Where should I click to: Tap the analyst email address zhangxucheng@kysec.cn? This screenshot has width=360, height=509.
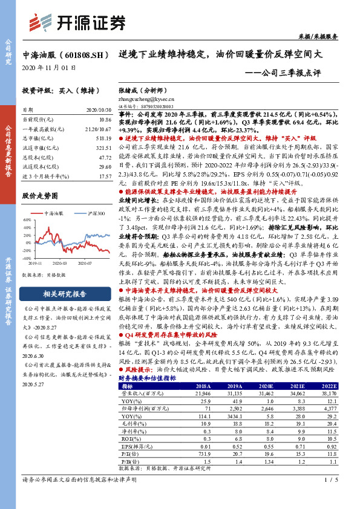[x=145, y=99]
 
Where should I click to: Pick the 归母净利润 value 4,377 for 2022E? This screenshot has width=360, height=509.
[x=344, y=407]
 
